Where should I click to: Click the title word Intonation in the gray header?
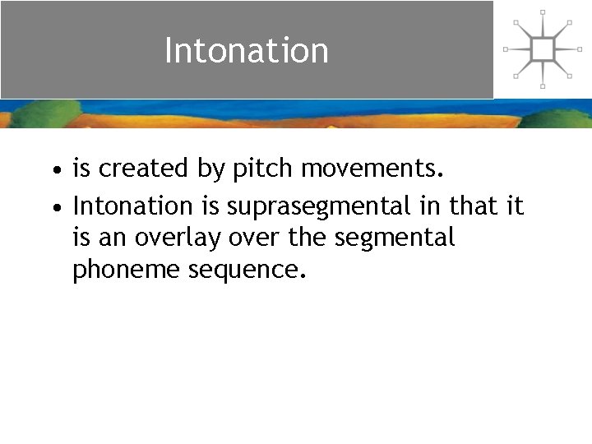click(246, 50)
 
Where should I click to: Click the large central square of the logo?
click(543, 49)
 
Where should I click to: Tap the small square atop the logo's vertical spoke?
click(543, 12)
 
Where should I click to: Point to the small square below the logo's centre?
click(543, 86)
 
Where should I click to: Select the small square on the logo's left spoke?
click(506, 49)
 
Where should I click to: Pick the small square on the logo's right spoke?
click(580, 49)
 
